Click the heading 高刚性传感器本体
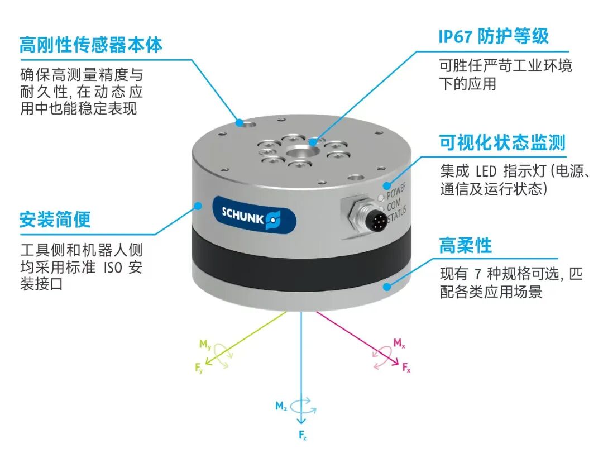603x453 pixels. pyautogui.click(x=91, y=45)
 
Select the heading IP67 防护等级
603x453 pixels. pyautogui.click(x=494, y=36)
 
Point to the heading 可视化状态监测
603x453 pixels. pyautogui.click(x=502, y=143)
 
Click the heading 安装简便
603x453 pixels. pyautogui.click(x=55, y=220)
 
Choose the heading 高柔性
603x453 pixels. pyautogui.click(x=465, y=245)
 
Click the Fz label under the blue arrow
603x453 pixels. pyautogui.click(x=303, y=435)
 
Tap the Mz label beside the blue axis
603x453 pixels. pyautogui.click(x=281, y=406)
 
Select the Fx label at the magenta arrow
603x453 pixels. pyautogui.click(x=406, y=368)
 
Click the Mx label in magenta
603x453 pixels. pyautogui.click(x=399, y=343)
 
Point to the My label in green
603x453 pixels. pyautogui.click(x=205, y=344)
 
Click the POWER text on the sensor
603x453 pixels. pyautogui.click(x=396, y=190)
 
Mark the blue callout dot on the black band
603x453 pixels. pyautogui.click(x=387, y=287)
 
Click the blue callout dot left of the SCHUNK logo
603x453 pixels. pyautogui.click(x=198, y=206)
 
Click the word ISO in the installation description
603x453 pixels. pyautogui.click(x=113, y=268)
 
